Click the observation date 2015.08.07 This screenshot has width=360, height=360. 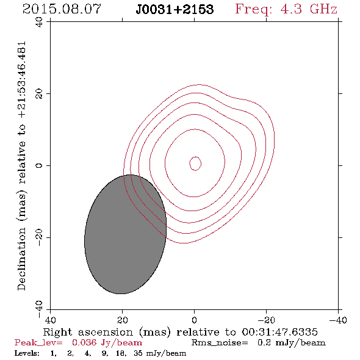(62, 9)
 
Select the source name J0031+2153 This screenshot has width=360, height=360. (175, 10)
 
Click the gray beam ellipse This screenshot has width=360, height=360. (125, 234)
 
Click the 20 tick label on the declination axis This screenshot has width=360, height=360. (39, 94)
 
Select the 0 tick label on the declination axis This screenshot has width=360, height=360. (39, 165)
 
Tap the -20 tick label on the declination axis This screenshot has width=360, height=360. (39, 237)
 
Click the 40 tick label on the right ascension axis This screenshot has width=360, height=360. (50, 320)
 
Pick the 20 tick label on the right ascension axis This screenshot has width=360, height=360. (122, 320)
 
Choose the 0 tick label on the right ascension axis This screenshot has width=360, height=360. (194, 320)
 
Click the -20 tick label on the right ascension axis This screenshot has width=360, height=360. (266, 320)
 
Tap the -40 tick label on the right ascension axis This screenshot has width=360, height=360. (338, 320)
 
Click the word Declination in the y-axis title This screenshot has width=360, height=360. (21, 259)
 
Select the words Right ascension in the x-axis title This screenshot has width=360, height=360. (88, 332)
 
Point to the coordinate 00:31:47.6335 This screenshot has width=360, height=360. (279, 332)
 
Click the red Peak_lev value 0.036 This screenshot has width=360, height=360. (84, 342)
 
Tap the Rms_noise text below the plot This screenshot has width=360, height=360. (220, 343)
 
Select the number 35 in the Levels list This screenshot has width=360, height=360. (139, 353)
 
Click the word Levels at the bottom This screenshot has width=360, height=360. (27, 353)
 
